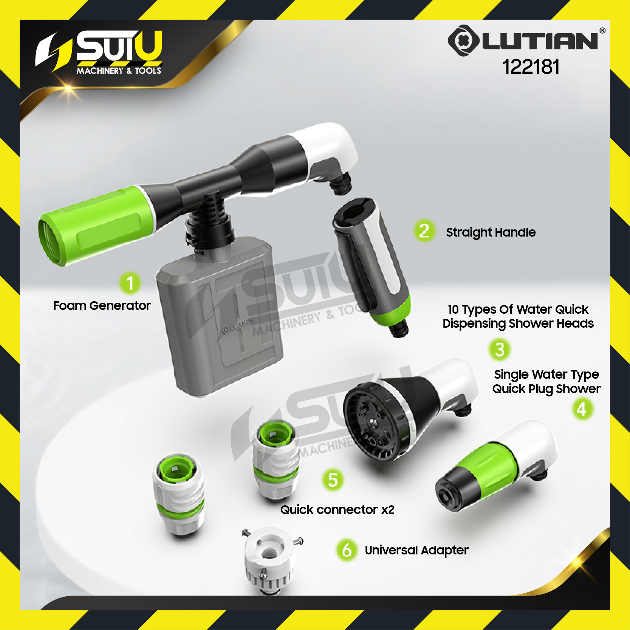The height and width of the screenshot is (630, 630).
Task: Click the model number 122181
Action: point(531,67)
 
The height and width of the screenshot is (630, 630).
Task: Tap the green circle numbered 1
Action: point(130,283)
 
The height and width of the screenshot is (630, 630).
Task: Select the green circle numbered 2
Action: point(424,231)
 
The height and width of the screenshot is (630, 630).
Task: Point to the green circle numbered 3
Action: point(500,350)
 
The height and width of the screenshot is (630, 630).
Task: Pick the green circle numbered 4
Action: point(582,409)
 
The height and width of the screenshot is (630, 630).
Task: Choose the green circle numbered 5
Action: point(333,480)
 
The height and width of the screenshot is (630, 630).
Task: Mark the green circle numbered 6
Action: point(347,550)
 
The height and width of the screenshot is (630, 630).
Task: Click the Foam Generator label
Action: point(102,305)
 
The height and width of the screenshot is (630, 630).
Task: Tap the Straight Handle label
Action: point(491,232)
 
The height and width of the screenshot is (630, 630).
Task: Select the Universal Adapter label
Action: point(416,550)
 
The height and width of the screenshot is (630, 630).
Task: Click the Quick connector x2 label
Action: point(337,510)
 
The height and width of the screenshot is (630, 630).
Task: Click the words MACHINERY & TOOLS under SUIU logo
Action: point(119,71)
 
